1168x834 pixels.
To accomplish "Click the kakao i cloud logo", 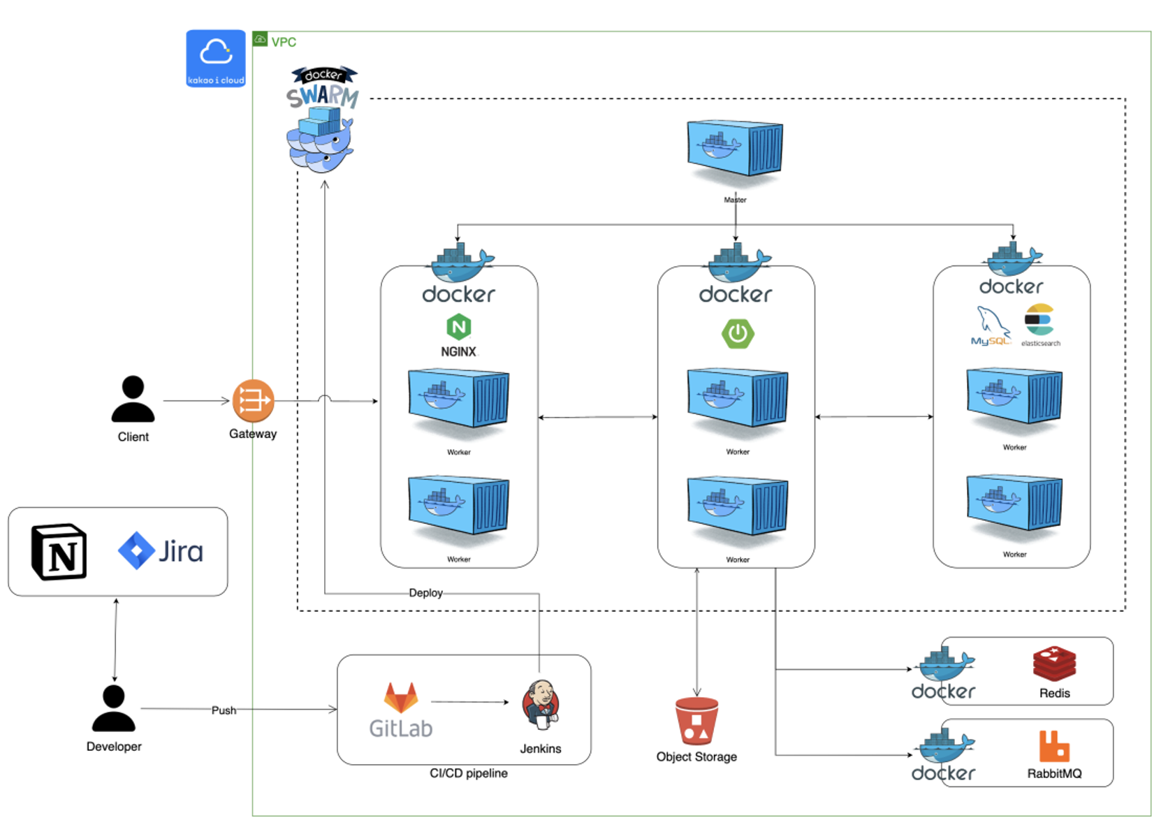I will pos(216,58).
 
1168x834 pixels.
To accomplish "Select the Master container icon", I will pos(735,149).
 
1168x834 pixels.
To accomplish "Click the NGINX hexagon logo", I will pos(459,327).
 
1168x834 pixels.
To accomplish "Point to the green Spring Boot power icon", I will pos(738,333).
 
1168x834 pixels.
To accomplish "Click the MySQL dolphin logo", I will pos(991,325).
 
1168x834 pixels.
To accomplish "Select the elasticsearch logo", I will pos(1039,321).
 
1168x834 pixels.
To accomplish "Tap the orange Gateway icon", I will pos(253,401).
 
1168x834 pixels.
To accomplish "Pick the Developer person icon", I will pos(114,708).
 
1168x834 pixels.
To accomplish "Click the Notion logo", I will pos(59,552).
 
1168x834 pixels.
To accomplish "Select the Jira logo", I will pos(161,551).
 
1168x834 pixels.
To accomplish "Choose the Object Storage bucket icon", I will pos(696,722).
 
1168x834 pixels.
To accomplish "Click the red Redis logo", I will pos(1054,664).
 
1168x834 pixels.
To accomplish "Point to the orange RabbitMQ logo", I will pos(1054,746).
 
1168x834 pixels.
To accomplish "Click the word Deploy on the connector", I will pos(425,593).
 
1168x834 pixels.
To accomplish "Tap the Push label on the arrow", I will pos(224,710).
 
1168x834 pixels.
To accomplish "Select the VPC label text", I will pos(284,42).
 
